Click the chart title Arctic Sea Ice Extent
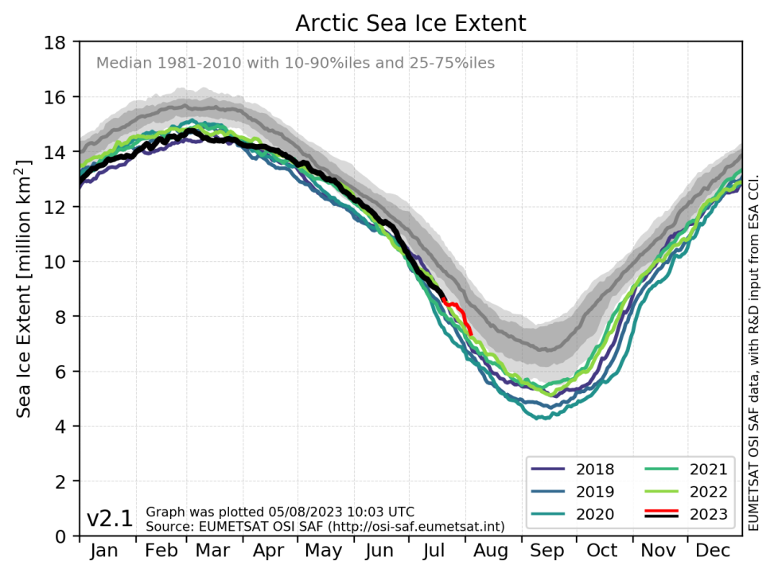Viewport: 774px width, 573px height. pyautogui.click(x=410, y=23)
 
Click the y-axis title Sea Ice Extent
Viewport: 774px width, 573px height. pyautogui.click(x=25, y=288)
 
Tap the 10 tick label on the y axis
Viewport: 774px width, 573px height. pyautogui.click(x=60, y=262)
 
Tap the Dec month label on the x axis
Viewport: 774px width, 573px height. pyautogui.click(x=714, y=552)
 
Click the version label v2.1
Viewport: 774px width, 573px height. pyautogui.click(x=110, y=519)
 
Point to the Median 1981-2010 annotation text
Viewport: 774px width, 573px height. pyautogui.click(x=295, y=62)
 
